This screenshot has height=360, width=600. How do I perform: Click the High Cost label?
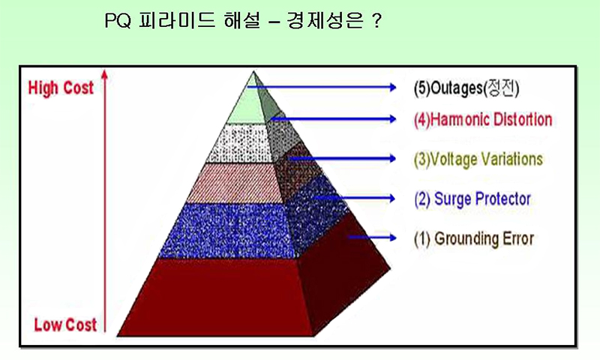pos(61,88)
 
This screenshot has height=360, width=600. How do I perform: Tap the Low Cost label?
pos(65,325)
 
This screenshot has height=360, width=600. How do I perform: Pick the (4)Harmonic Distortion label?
pos(483,119)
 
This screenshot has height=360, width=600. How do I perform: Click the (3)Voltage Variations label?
pos(478,159)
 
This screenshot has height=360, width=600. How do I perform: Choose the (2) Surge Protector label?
pos(472,199)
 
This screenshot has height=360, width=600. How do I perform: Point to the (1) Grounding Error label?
pos(474,238)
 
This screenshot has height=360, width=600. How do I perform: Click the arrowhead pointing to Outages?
pos(393,87)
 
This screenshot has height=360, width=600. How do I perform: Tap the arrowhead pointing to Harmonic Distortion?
pos(393,119)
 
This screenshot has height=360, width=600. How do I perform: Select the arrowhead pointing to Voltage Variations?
pos(392,158)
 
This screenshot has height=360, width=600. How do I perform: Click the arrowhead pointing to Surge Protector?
pos(391,198)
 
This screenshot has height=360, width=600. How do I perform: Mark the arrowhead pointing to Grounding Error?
pos(393,238)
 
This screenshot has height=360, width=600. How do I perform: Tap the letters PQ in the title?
pos(118,21)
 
